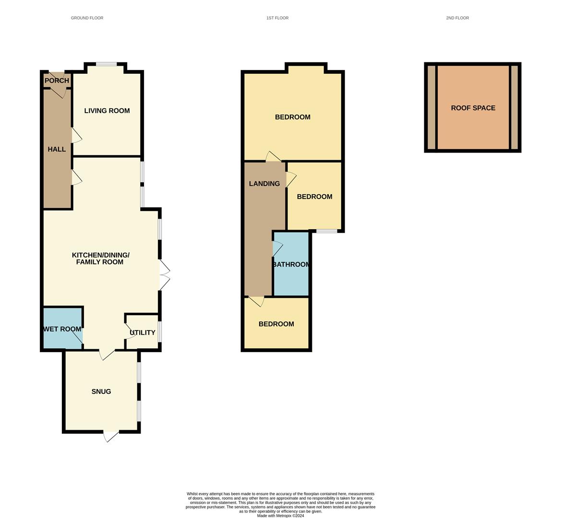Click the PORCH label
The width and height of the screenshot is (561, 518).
[57, 81]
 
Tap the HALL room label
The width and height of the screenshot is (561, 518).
[57, 149]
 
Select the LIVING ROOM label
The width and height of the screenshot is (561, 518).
[107, 111]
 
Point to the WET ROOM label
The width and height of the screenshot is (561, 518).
[62, 329]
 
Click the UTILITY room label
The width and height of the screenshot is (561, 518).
[143, 332]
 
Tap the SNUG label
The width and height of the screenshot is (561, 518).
[101, 391]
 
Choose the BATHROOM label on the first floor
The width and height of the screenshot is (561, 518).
[291, 265]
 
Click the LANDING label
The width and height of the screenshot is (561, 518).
[264, 184]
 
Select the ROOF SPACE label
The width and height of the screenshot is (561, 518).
[473, 108]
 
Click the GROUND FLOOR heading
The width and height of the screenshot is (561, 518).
[87, 18]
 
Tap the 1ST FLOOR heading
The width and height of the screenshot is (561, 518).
[277, 18]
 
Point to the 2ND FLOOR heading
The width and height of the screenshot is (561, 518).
[457, 18]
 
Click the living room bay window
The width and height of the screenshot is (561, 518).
[106, 64]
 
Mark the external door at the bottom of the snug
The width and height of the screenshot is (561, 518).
[110, 436]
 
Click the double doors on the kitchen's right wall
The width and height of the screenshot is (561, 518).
[164, 275]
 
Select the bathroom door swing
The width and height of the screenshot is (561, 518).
[278, 248]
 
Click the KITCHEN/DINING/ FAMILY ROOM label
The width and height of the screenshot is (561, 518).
[100, 259]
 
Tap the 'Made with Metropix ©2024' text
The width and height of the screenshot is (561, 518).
[280, 516]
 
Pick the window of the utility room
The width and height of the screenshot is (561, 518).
[160, 332]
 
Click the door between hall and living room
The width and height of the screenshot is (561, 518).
[77, 135]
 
